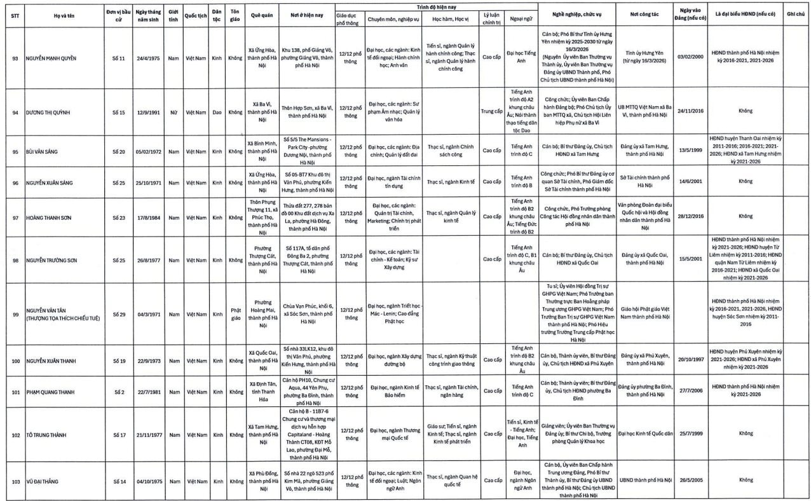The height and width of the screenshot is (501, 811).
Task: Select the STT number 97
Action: [x=15, y=216]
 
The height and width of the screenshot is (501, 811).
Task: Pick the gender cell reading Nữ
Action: [x=173, y=112]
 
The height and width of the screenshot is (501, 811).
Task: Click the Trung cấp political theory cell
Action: [x=491, y=112]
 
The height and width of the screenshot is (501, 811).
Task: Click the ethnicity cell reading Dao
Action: [x=217, y=112]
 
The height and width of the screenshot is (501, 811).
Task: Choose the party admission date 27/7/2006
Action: [x=693, y=391]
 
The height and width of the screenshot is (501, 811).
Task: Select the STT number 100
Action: [x=15, y=361]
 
